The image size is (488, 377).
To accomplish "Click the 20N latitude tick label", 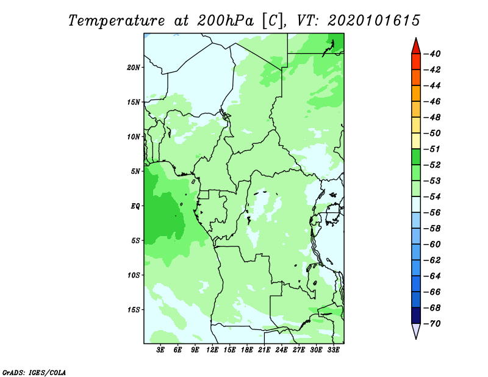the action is (133, 68).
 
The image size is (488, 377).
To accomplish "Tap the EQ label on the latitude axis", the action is (135, 206).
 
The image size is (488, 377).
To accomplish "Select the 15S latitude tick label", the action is (133, 310).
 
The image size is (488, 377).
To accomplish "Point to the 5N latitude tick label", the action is (135, 171).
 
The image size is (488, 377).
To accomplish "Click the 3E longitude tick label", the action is (160, 350).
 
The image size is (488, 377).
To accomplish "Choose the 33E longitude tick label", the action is (333, 350).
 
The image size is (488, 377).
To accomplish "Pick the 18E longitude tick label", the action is (247, 350).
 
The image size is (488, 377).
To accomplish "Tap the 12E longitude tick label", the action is (212, 350).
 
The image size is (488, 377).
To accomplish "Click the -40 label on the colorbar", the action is (432, 54).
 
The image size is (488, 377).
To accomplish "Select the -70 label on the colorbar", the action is (432, 324).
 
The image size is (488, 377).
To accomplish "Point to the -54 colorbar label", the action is (432, 197).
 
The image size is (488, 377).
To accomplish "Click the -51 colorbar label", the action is (432, 149).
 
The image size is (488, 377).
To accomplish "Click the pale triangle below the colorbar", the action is (416, 330).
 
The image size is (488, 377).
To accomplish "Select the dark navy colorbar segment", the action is (416, 315).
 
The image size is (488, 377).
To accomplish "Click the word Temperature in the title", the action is (117, 21).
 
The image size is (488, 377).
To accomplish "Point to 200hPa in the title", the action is (225, 21).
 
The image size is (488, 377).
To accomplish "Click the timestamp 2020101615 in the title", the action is (374, 21).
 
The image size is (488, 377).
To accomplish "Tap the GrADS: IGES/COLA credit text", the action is (34, 373).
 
